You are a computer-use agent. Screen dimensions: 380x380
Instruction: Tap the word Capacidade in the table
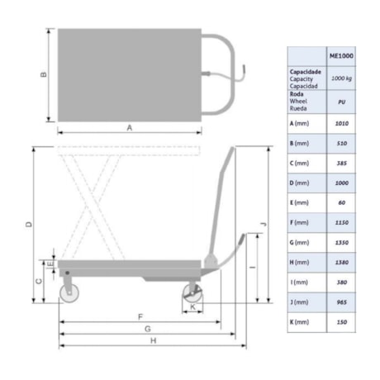point(305,72)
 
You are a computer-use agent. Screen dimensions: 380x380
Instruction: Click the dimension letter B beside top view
point(44,74)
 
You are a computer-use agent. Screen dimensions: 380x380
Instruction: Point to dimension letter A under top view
point(129,127)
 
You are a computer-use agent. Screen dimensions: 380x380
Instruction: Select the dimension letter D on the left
point(28,225)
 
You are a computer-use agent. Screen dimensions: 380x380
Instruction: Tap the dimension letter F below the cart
point(140,317)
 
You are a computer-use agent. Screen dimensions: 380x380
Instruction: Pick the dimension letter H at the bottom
point(153,340)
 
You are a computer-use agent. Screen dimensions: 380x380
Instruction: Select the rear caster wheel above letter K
point(193,295)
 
